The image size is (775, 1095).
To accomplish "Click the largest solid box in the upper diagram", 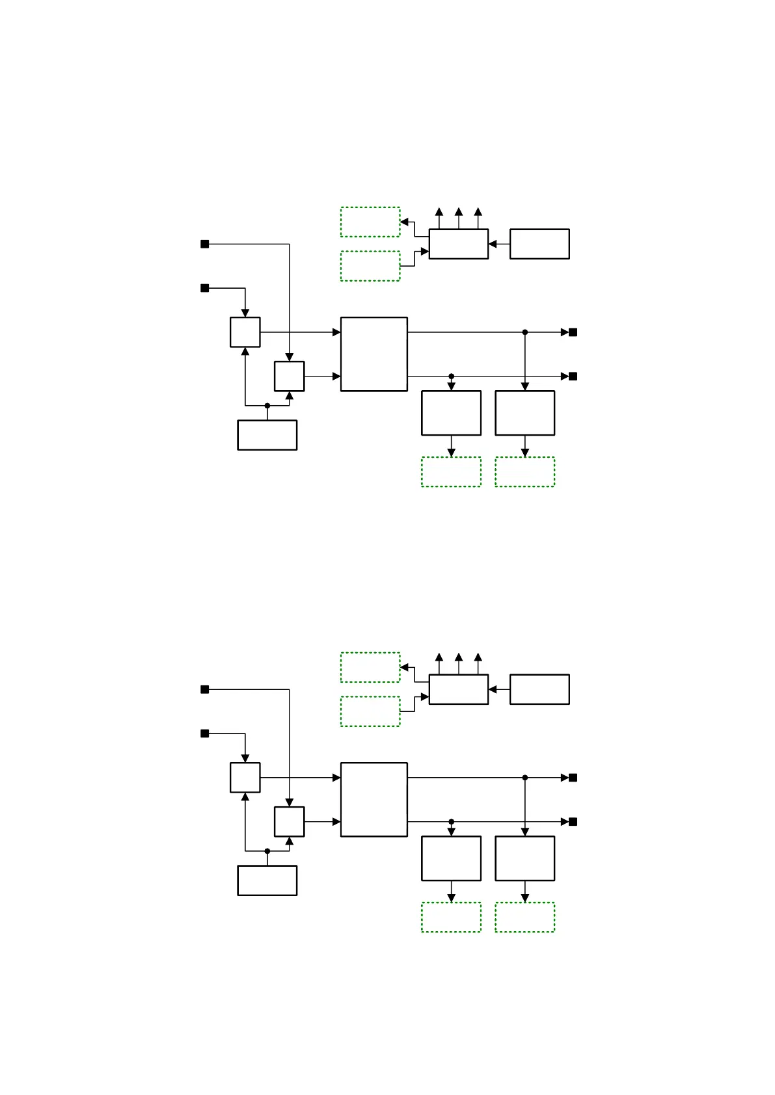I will pyautogui.click(x=374, y=354).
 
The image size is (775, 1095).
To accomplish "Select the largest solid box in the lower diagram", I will pyautogui.click(x=374, y=799).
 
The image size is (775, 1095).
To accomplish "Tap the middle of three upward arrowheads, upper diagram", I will pyautogui.click(x=459, y=212).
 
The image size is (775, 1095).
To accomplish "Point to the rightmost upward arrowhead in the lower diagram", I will pyautogui.click(x=478, y=657).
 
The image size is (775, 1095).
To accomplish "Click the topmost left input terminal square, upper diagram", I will pyautogui.click(x=204, y=244).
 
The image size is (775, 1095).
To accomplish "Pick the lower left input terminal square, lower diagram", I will pyautogui.click(x=204, y=733).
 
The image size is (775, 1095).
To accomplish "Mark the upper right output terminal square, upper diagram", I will pyautogui.click(x=573, y=332).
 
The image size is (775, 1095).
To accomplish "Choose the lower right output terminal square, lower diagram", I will pyautogui.click(x=573, y=822).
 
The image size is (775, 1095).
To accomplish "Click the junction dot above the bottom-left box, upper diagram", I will pyautogui.click(x=267, y=406).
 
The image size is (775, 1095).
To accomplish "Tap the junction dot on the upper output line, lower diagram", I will pyautogui.click(x=525, y=778).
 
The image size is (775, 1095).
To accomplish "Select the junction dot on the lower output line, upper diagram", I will pyautogui.click(x=451, y=376).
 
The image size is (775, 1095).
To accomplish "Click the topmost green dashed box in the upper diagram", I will pyautogui.click(x=370, y=222).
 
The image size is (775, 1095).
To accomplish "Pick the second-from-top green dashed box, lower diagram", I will pyautogui.click(x=370, y=711).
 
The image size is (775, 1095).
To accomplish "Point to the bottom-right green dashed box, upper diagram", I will pyautogui.click(x=524, y=471).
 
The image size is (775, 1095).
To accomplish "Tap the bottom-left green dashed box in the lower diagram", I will pyautogui.click(x=451, y=917).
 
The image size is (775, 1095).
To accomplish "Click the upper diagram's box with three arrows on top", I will pyautogui.click(x=458, y=244).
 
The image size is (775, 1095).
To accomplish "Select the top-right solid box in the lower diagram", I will pyautogui.click(x=539, y=689).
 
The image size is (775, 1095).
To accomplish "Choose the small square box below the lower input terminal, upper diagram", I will pyautogui.click(x=245, y=332).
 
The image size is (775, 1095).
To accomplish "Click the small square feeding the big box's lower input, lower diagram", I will pyautogui.click(x=289, y=822).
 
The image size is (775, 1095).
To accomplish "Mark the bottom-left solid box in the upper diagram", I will pyautogui.click(x=267, y=435).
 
